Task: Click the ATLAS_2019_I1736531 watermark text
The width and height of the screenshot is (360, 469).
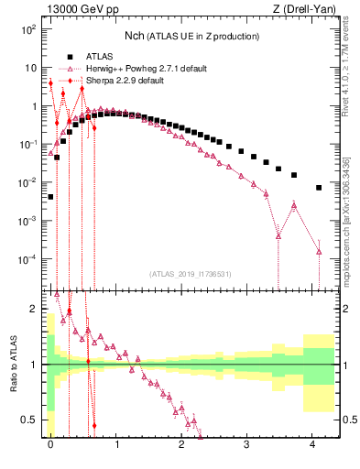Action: point(191,274)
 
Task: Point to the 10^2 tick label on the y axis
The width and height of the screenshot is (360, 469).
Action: point(28,29)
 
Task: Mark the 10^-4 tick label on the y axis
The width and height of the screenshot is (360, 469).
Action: point(27,259)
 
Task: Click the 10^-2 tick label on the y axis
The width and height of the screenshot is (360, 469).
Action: point(27,182)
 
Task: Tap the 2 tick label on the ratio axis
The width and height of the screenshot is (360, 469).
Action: point(35,308)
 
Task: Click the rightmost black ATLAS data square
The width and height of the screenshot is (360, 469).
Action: point(319,188)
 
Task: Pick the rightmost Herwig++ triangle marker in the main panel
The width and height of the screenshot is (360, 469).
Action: point(319,251)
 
